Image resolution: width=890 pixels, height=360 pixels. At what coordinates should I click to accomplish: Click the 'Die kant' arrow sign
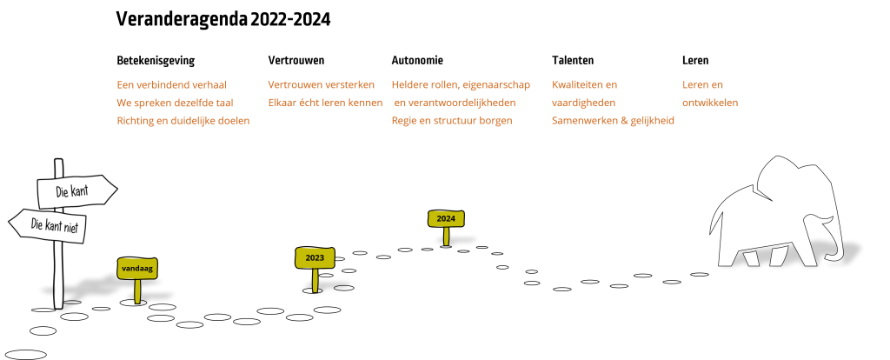tap(76, 191)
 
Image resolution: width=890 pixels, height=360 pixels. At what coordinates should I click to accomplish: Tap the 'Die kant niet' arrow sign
tap(50, 225)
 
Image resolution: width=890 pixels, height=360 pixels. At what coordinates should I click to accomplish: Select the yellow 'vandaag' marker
tap(137, 269)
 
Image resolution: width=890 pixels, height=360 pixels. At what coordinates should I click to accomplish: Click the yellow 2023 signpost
tap(315, 258)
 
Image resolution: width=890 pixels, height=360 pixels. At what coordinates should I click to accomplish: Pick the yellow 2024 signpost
tap(446, 218)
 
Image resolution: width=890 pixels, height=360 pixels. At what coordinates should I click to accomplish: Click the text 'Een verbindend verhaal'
tap(171, 85)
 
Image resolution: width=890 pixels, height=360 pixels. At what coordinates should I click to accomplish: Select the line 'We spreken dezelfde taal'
tap(175, 103)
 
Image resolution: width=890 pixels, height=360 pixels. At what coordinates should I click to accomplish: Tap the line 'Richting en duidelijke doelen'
tap(183, 121)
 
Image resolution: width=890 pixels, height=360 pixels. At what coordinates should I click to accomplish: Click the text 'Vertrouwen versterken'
tap(321, 85)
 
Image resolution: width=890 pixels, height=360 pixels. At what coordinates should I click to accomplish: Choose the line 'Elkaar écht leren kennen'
tap(324, 103)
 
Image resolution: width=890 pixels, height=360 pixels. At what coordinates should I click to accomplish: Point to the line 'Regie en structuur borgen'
tap(451, 121)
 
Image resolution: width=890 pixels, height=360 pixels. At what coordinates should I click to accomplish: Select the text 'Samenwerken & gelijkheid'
tap(613, 121)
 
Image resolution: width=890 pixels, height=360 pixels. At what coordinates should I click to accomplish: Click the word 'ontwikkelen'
tap(709, 103)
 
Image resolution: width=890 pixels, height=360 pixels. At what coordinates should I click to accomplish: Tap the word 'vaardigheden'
tap(583, 103)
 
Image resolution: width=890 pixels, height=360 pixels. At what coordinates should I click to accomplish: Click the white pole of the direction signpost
tap(59, 270)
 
